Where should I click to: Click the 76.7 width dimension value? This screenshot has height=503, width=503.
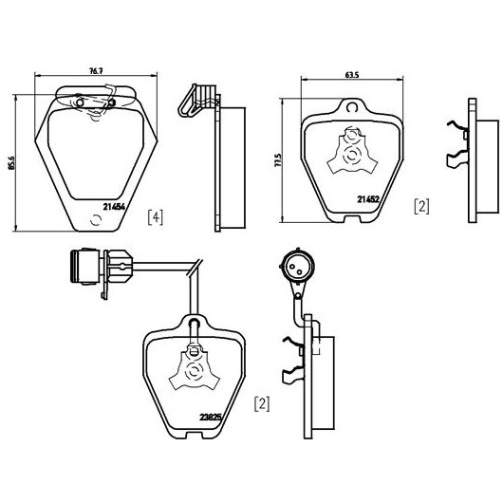(x=95, y=71)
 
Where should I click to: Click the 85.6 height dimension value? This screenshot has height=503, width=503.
(x=11, y=163)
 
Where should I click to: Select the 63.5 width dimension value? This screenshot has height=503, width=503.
(x=352, y=75)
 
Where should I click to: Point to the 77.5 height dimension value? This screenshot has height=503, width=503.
(x=278, y=159)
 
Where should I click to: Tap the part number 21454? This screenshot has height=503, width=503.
(x=114, y=207)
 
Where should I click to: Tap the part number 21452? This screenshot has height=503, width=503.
(x=368, y=199)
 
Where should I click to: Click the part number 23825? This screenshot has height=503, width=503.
(x=211, y=418)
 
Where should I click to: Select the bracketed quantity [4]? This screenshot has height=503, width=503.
(x=156, y=217)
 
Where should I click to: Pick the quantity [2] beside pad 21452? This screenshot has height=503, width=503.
(x=421, y=206)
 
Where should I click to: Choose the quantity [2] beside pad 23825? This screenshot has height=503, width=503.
(x=262, y=404)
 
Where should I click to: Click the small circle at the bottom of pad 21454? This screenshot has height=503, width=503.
(x=96, y=220)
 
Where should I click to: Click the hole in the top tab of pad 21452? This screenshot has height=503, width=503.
(x=352, y=107)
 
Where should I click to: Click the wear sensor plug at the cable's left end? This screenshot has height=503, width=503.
(x=84, y=267)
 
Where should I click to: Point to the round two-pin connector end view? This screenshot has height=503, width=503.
(x=297, y=266)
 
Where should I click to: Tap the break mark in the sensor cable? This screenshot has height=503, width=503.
(x=195, y=268)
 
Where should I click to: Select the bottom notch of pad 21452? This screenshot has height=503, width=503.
(x=352, y=219)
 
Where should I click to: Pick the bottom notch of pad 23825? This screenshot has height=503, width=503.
(x=194, y=436)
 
